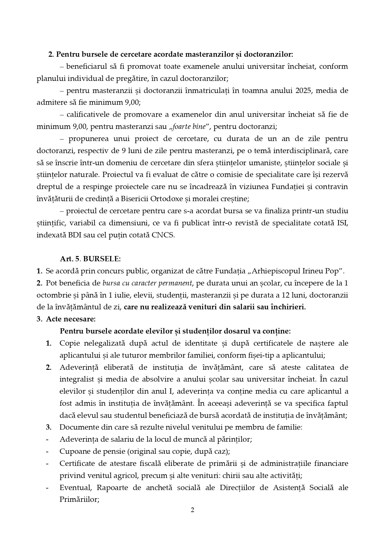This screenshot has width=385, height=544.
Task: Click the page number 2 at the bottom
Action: pyautogui.click(x=192, y=510)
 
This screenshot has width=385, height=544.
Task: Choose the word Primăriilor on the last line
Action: pyautogui.click(x=79, y=500)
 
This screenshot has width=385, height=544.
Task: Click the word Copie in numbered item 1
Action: pyautogui.click(x=70, y=343)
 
